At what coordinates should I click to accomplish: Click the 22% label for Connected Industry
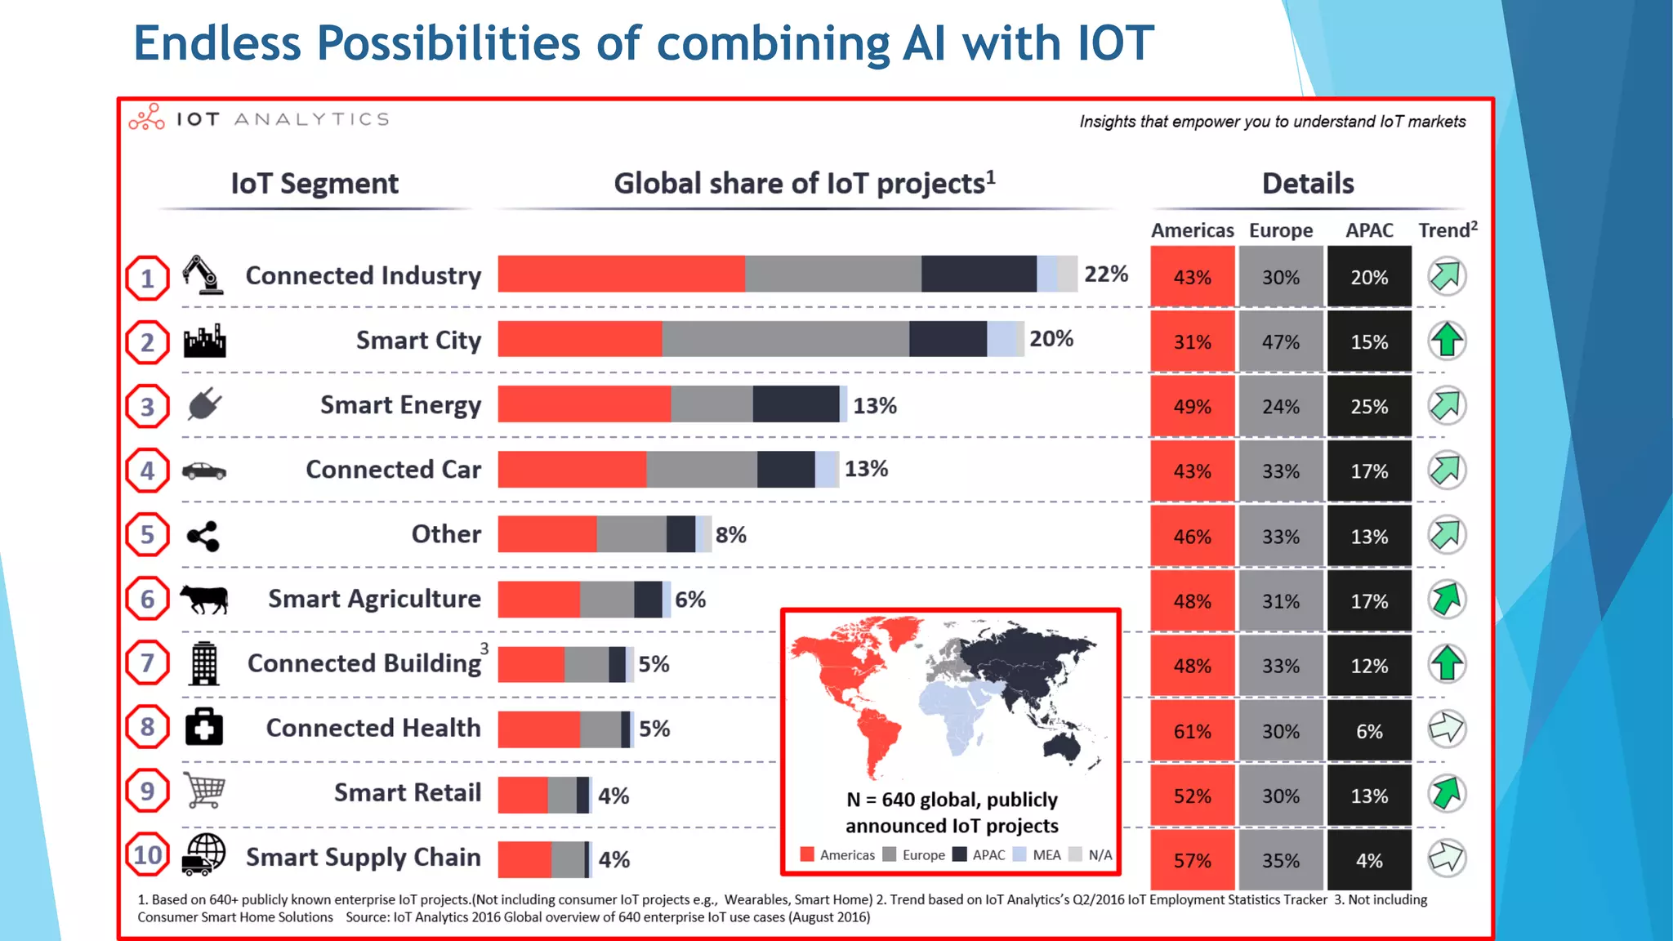click(1105, 274)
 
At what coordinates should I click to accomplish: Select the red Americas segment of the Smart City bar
click(579, 339)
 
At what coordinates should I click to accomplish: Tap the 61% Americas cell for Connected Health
click(1192, 731)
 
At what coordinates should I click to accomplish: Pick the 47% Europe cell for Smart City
click(1280, 341)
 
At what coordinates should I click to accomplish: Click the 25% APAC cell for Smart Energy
click(1368, 406)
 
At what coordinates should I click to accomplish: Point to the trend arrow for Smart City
click(1447, 341)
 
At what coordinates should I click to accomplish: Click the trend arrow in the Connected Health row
click(1447, 728)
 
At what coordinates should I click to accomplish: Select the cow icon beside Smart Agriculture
click(204, 599)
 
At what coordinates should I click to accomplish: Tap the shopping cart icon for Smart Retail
click(204, 790)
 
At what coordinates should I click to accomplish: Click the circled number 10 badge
click(148, 855)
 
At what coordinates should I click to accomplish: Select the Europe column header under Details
click(1280, 230)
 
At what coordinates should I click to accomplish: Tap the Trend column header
click(1447, 230)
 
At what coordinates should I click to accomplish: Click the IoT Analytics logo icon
click(147, 118)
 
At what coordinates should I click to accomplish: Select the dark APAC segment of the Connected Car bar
click(785, 470)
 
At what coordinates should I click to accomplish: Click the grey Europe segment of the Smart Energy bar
click(711, 404)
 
